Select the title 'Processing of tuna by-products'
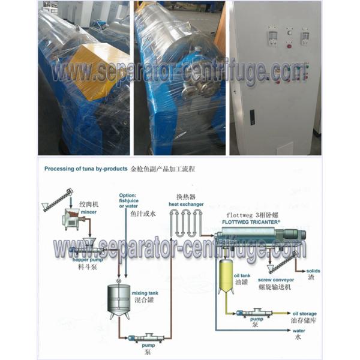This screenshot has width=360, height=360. (x=85, y=170)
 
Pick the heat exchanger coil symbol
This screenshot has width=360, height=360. (x=189, y=228)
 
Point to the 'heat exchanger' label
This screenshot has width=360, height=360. (x=182, y=203)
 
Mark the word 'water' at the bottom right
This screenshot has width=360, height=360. (x=299, y=330)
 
